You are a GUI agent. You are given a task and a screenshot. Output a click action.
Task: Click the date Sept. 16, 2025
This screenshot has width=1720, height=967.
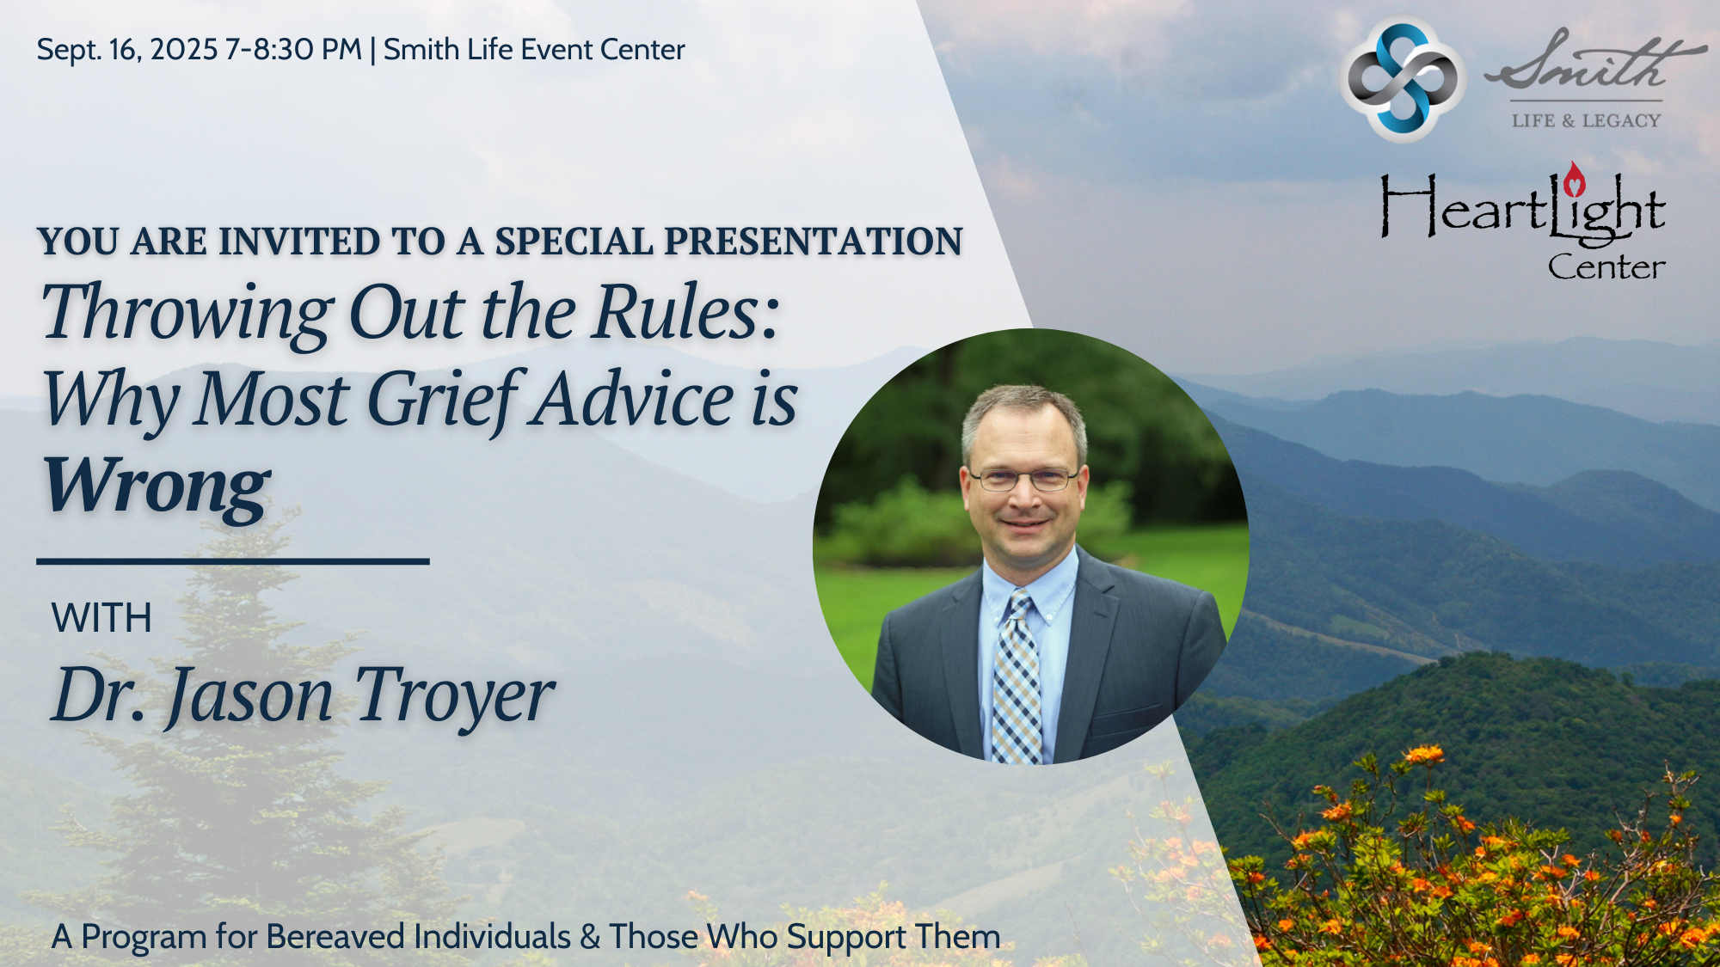pos(127,51)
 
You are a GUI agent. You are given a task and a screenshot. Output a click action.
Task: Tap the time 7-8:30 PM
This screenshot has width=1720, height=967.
pos(293,50)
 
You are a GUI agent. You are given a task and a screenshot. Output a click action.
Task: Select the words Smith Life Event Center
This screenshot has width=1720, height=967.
pos(534,50)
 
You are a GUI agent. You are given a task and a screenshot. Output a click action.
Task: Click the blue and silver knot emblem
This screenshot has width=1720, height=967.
pos(1403,78)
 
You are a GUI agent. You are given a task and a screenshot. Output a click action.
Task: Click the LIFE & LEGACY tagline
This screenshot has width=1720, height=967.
pos(1587,120)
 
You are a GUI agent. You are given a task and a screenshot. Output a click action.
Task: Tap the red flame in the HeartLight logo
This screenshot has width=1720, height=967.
pos(1575,180)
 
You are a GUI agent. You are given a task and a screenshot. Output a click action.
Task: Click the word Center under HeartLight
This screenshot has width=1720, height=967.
pos(1606,267)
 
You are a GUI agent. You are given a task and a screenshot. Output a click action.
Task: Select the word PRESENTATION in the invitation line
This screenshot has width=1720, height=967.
pos(814,242)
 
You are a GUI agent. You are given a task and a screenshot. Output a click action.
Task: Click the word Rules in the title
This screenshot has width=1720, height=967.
pos(686,312)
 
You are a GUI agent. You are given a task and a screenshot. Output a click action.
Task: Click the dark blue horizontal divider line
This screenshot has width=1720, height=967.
pos(233,561)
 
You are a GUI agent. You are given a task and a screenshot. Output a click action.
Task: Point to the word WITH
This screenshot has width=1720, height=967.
pos(101,618)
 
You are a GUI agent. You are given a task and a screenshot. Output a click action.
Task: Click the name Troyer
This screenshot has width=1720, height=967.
pos(454,695)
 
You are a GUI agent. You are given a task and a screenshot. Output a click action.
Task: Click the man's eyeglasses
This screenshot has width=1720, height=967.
pos(1023,479)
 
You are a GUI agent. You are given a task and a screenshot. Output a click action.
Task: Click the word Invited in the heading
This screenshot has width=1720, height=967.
pos(298,242)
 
